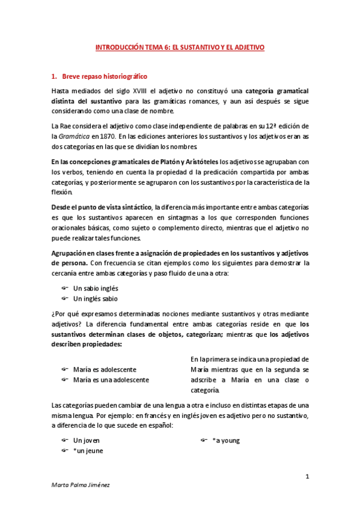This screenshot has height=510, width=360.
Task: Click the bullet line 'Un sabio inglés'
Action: tap(95, 288)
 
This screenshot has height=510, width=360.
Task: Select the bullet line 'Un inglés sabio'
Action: tap(95, 298)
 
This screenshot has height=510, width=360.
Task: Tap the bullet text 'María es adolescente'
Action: tap(105, 369)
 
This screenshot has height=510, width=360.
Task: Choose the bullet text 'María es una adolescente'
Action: tap(111, 379)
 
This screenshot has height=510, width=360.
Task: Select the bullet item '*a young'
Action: tap(226, 440)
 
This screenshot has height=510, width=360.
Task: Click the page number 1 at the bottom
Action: tap(307, 477)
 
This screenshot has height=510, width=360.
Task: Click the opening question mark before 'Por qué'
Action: tap(53, 314)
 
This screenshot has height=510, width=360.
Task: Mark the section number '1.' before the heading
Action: tap(55, 77)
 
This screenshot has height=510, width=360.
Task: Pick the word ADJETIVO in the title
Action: tap(248, 46)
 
